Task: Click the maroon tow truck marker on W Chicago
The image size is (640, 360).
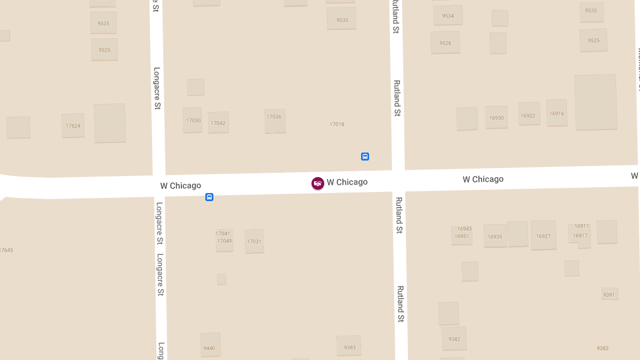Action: pos(318,183)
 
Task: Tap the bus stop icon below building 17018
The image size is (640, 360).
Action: pos(365,156)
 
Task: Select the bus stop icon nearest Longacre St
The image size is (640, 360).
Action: pos(210,197)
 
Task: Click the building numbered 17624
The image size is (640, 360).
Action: pos(73,126)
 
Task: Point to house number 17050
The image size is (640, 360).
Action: pos(193,121)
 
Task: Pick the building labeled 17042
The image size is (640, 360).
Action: pos(218,123)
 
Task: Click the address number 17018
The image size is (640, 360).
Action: pos(337,124)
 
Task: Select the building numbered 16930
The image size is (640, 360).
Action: pos(496,118)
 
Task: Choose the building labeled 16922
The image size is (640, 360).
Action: pos(528,115)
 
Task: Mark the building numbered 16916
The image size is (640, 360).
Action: pos(556,113)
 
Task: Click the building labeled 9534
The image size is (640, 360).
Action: pos(448,16)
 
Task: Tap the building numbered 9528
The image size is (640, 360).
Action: pos(445,43)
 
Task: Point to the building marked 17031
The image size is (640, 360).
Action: pos(254,242)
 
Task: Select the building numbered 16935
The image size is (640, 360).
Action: pos(495,236)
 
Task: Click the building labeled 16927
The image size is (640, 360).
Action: pos(543,236)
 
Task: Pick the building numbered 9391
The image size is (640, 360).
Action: pos(609,294)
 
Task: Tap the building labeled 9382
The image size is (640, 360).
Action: pos(454,339)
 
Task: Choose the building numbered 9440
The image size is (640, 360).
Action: pos(210,347)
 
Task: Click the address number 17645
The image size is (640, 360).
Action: pos(6,250)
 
